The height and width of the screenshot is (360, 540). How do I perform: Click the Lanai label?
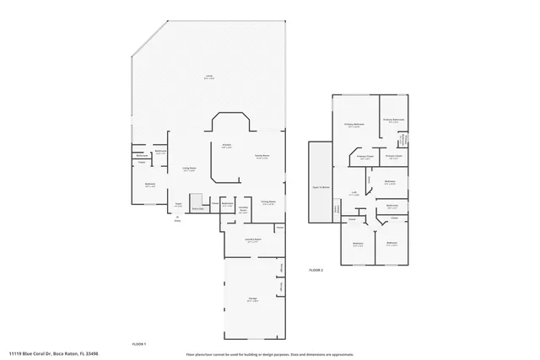[x=208, y=78]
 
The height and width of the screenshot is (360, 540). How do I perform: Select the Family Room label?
[x=262, y=158]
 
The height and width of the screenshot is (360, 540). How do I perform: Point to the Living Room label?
[x=190, y=169]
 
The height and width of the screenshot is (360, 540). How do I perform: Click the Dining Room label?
[x=268, y=202]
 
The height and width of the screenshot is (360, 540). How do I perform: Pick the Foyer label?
[x=178, y=204]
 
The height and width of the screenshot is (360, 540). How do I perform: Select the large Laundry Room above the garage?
[x=252, y=241]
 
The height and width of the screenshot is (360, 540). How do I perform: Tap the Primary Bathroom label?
[x=394, y=120]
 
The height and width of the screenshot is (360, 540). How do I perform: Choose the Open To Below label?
[x=321, y=187]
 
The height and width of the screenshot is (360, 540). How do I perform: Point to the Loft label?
[x=355, y=194]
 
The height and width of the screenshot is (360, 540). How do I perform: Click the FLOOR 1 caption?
[x=139, y=344]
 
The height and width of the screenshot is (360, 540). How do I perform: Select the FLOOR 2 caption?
[x=316, y=269]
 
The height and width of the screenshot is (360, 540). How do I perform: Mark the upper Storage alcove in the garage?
[x=280, y=268]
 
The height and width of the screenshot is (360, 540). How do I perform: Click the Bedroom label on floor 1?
[x=149, y=185]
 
